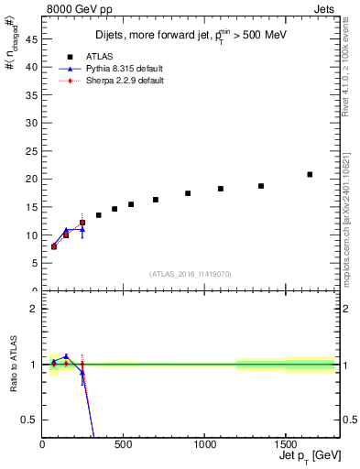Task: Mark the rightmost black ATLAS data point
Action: point(310,174)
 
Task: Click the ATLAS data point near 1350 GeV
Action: point(261,186)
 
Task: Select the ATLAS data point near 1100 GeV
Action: point(221,189)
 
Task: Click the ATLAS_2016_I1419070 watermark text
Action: point(190,273)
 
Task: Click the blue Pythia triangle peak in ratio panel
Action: point(66,356)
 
